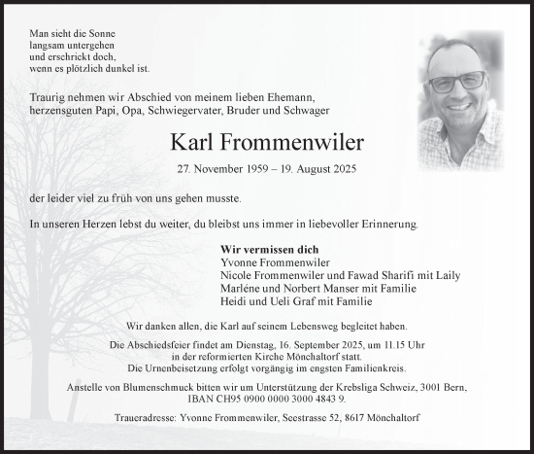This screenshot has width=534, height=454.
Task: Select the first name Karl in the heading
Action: click(x=190, y=143)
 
